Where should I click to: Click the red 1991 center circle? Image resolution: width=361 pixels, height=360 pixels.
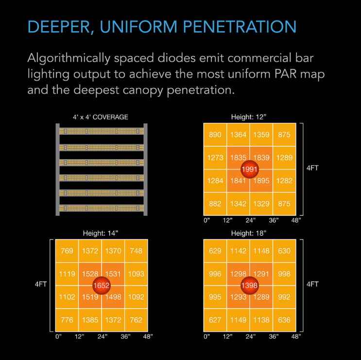point(250,169)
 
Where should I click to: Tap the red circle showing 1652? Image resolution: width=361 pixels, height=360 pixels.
point(101,285)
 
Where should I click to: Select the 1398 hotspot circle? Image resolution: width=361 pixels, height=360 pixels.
point(250,285)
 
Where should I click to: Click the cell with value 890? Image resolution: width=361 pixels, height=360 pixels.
point(215,135)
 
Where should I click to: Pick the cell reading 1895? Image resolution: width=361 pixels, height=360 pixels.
point(261,181)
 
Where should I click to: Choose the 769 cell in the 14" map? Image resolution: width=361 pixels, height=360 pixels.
point(67,251)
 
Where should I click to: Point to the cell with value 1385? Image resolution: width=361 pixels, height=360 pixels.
point(90,320)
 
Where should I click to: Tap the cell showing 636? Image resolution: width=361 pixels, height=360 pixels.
point(284,320)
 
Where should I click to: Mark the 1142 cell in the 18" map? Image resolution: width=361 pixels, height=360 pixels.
point(238,251)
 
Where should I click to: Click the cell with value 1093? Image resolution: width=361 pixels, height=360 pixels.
point(136,274)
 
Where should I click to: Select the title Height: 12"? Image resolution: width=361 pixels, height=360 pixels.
point(249,117)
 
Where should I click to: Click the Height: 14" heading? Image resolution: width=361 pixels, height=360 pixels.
point(101,233)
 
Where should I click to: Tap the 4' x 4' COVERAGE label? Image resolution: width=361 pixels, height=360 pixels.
point(101,117)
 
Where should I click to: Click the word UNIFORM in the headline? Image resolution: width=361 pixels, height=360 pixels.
point(138,27)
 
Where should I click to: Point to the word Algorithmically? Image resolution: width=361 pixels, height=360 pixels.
point(69,58)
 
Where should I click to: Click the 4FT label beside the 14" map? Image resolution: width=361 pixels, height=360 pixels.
point(41,284)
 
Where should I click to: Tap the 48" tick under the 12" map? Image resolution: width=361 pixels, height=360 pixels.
point(296,220)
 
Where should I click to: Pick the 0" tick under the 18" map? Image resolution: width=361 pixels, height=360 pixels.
point(207,337)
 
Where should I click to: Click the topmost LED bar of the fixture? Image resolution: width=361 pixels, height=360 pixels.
point(101,131)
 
